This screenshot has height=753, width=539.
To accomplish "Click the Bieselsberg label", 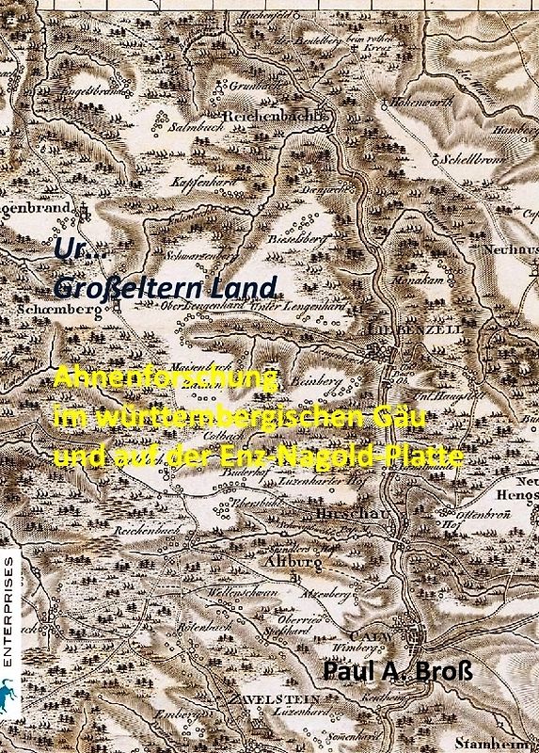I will click(x=308, y=239).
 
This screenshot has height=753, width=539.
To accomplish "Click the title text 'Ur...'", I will click(x=71, y=249).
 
